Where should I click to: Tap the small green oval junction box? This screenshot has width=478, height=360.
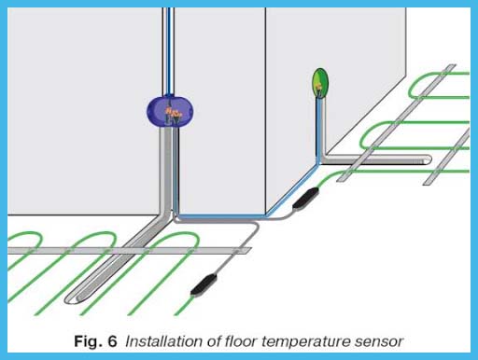321,83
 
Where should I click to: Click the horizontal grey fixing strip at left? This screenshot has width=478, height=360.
56,250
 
